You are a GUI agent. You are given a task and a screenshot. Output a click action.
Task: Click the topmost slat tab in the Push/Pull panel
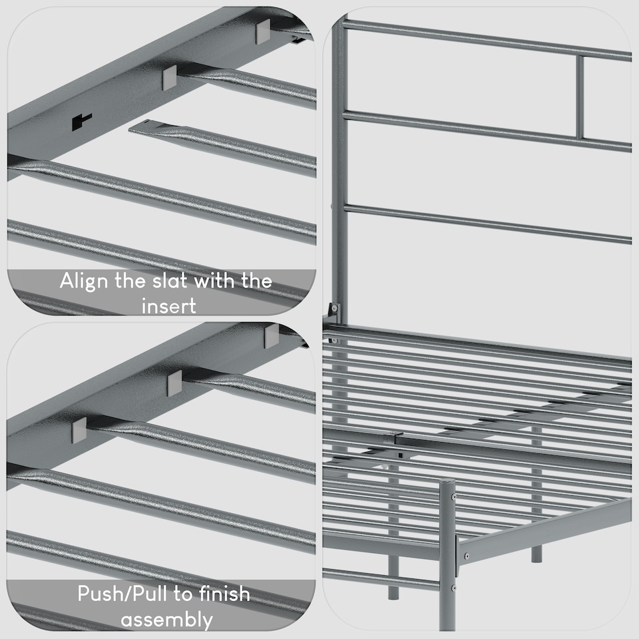[272, 336]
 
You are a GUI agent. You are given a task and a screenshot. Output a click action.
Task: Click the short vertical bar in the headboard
[580, 97]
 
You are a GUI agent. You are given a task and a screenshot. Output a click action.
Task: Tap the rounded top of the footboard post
[447, 485]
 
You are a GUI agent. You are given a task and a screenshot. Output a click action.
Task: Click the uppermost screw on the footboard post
[453, 496]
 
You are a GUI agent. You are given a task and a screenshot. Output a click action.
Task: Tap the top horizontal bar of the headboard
[486, 37]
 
